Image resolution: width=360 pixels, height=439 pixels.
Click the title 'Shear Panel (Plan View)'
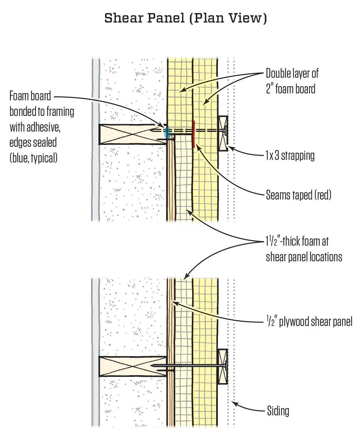point(186,18)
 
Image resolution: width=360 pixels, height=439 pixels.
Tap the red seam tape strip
point(194,132)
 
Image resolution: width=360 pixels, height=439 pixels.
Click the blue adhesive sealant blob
point(167,132)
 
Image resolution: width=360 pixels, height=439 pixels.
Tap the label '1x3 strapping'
point(290,156)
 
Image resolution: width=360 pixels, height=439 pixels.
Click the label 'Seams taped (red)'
point(298,195)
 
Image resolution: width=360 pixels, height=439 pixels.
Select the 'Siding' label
point(278,411)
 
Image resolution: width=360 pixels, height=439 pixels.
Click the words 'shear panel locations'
point(304,257)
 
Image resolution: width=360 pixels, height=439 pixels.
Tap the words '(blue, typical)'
point(33,158)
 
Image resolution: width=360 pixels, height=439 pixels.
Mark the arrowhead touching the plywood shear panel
point(174,301)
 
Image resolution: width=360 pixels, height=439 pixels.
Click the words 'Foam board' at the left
point(30,97)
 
